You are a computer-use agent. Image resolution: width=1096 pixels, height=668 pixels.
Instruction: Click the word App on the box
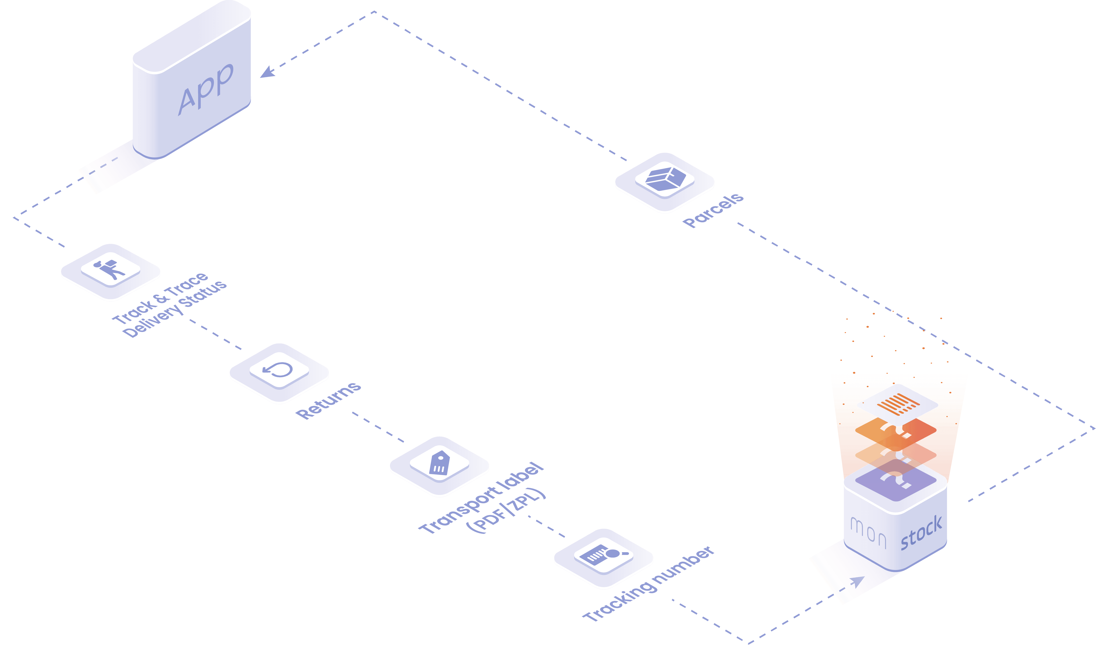coord(205,89)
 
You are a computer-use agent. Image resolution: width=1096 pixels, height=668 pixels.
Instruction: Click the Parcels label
coord(713,210)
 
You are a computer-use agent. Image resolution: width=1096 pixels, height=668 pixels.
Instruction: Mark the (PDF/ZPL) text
coord(506,511)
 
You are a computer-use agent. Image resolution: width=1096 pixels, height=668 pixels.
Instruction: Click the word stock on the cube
coord(921,533)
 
